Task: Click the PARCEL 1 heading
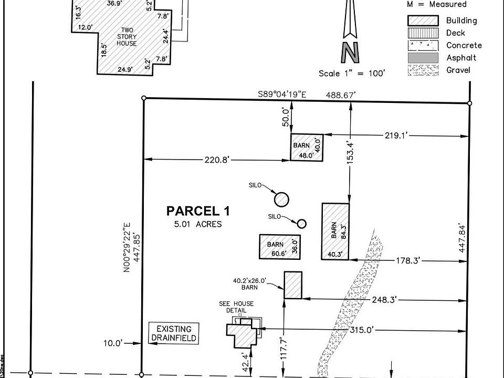click(197, 211)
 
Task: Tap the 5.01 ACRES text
click(198, 224)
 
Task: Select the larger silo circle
click(281, 199)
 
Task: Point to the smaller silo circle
click(302, 224)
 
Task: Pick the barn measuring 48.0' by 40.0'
click(307, 147)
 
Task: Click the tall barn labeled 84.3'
click(335, 231)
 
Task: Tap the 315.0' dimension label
click(361, 330)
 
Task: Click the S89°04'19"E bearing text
click(282, 94)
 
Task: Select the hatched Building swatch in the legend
click(423, 20)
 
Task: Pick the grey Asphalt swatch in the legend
click(423, 57)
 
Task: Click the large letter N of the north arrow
click(350, 52)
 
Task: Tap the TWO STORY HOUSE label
click(127, 37)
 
